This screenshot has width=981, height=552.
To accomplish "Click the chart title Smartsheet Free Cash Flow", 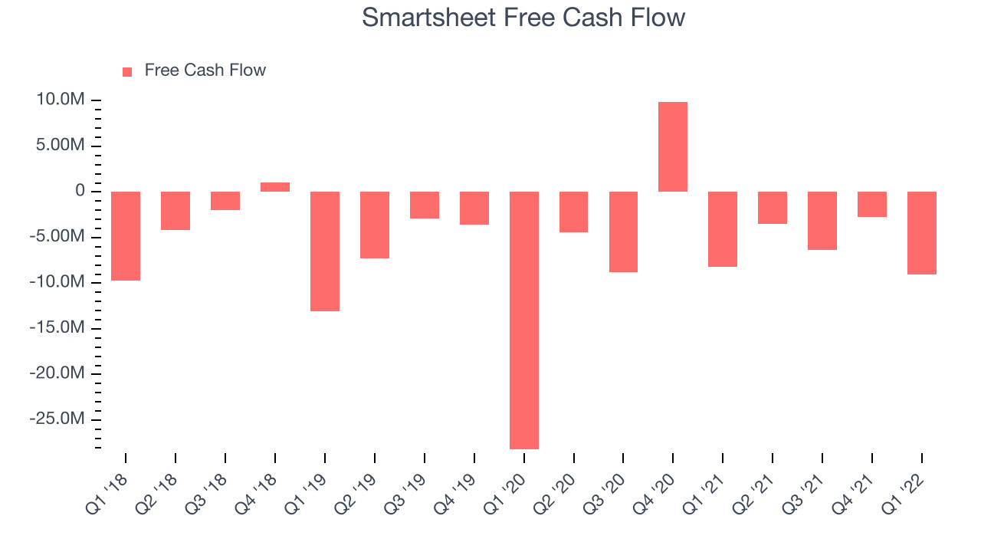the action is (x=523, y=18).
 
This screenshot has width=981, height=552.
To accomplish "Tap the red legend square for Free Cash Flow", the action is (x=127, y=72).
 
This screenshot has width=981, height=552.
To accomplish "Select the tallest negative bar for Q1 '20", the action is (x=524, y=320).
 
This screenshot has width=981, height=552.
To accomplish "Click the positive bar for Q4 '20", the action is (x=673, y=146).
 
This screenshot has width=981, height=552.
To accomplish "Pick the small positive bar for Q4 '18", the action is (x=275, y=187).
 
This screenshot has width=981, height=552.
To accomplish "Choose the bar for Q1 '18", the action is (x=126, y=235).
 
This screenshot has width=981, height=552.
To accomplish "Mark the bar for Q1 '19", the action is (x=325, y=251).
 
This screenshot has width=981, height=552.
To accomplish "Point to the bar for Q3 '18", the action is (x=225, y=201).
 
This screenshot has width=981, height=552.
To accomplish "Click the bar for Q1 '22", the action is (x=922, y=232).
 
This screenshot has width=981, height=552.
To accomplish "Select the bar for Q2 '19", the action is (x=375, y=225).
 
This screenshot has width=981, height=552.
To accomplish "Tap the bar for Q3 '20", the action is (x=623, y=232).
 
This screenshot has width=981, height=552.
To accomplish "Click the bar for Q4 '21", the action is (x=872, y=204).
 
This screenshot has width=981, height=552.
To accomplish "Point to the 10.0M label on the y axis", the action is (x=61, y=100).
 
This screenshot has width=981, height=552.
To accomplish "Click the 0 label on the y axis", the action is (x=80, y=191).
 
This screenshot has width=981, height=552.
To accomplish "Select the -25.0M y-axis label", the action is (x=57, y=419).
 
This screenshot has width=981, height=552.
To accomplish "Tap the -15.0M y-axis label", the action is (x=57, y=327).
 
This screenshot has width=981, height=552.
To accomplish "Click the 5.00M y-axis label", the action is (x=61, y=145).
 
